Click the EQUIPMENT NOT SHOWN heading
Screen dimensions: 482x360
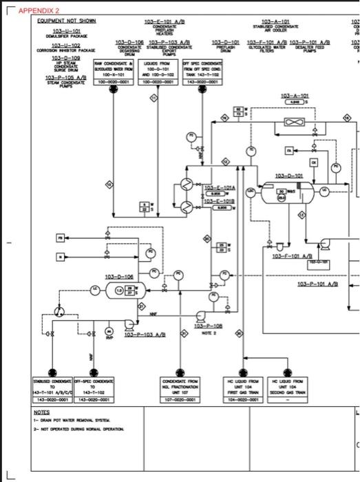click(x=67, y=21)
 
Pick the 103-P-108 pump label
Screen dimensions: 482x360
click(x=208, y=326)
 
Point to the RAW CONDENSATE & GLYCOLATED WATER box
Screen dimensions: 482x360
click(x=116, y=72)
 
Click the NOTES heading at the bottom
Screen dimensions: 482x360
click(x=43, y=412)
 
